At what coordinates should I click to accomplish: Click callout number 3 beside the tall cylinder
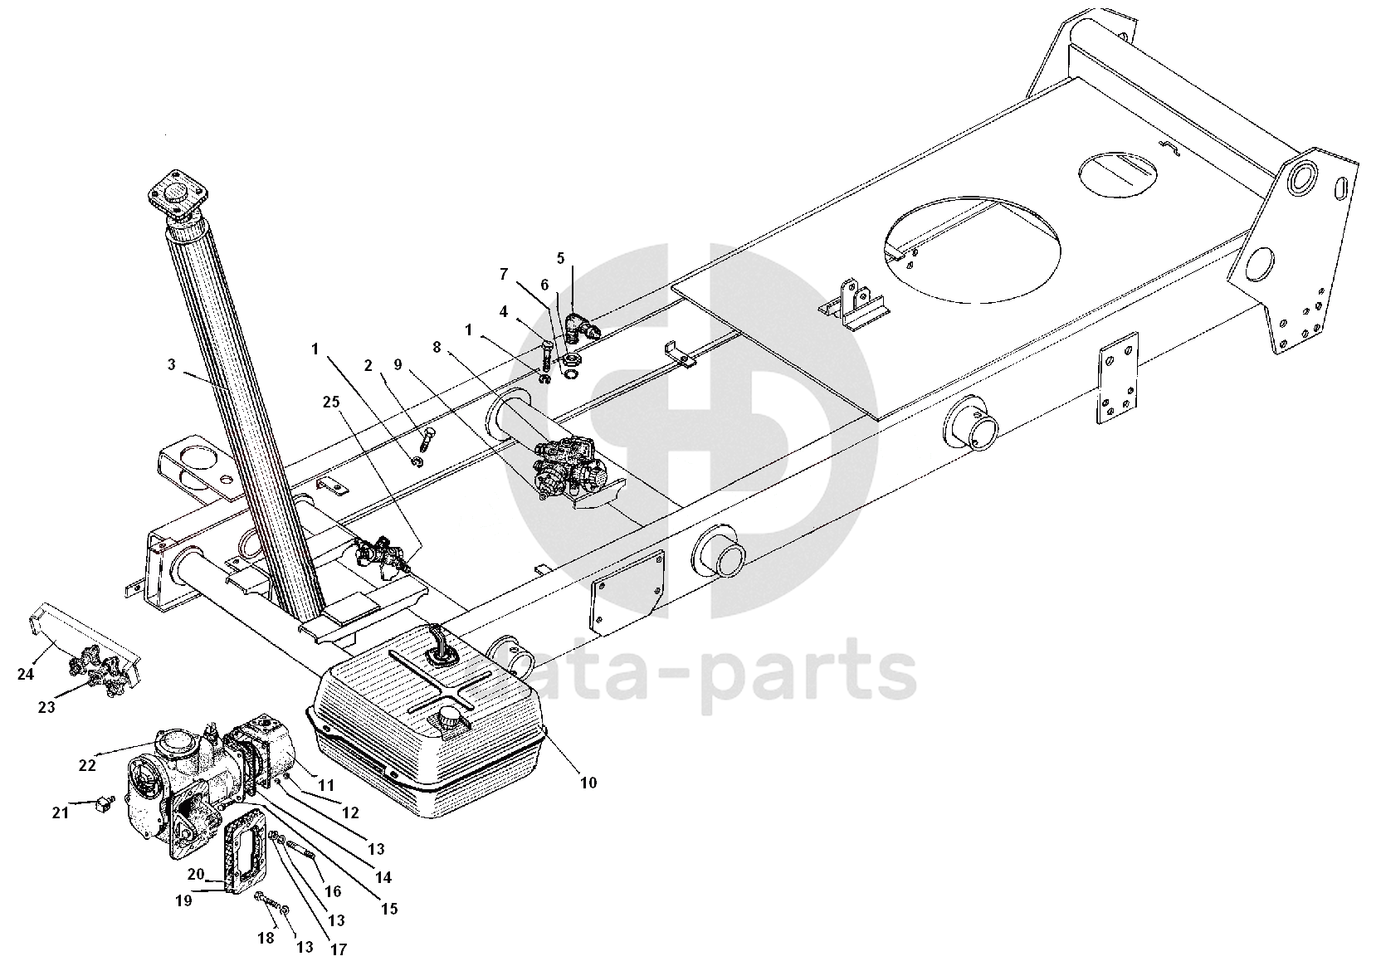[172, 364]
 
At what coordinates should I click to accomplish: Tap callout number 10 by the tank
[588, 782]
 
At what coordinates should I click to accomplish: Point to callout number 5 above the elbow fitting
[560, 258]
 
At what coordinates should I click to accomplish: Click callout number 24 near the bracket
[26, 674]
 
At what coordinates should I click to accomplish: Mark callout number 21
[60, 812]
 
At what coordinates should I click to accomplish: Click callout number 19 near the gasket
[183, 899]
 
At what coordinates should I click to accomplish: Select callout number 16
[333, 891]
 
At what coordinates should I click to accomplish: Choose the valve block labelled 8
[569, 468]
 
